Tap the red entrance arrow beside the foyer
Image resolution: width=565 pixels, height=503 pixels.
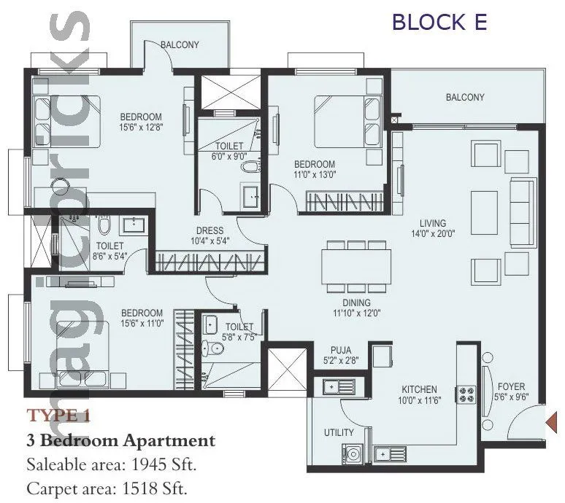pyautogui.click(x=552, y=421)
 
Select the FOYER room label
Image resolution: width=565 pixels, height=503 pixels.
pyautogui.click(x=510, y=386)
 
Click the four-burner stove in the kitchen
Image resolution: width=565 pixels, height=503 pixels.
pyautogui.click(x=466, y=394)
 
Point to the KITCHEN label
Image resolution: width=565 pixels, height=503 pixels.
pyautogui.click(x=418, y=389)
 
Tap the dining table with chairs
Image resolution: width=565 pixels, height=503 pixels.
pyautogui.click(x=356, y=267)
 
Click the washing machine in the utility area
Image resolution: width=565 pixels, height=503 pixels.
pyautogui.click(x=353, y=454)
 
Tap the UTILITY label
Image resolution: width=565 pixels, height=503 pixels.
pyautogui.click(x=339, y=432)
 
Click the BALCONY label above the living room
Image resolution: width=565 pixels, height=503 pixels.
pyautogui.click(x=465, y=97)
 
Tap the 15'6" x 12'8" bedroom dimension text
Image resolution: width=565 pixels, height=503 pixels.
pyautogui.click(x=141, y=128)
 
